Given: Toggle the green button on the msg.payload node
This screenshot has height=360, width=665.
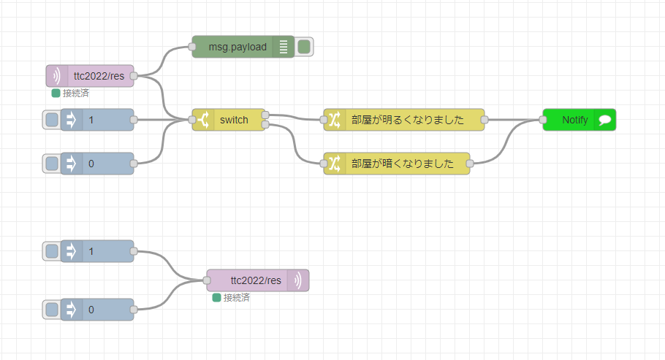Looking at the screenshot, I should point(304,47).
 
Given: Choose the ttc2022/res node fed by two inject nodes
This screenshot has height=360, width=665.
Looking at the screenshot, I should point(255,280).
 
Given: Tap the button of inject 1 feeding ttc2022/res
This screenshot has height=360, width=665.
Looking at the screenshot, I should point(52,251).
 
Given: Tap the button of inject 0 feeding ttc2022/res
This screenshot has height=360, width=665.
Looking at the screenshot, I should point(52,310).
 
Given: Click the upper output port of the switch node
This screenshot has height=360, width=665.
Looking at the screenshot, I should point(265,115).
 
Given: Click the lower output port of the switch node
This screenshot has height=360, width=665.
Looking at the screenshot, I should point(265,125).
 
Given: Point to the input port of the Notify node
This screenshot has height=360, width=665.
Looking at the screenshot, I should point(543,120).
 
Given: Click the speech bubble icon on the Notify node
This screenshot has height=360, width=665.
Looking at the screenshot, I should point(605,120).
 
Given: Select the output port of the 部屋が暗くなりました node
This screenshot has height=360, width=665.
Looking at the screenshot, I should point(470,164).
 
